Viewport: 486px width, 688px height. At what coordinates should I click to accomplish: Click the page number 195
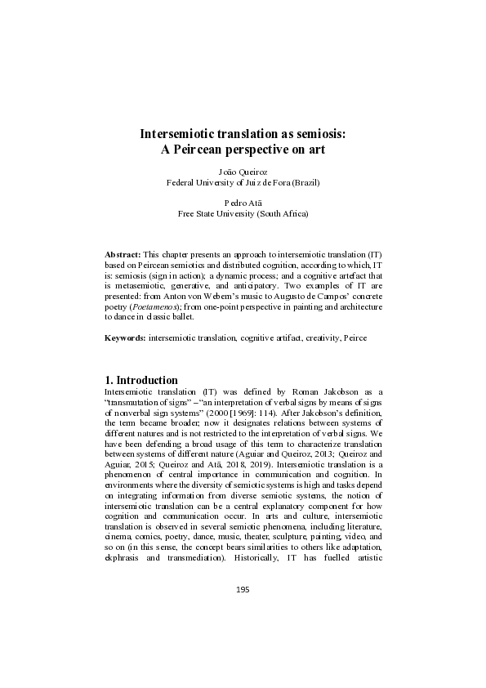(x=243, y=589)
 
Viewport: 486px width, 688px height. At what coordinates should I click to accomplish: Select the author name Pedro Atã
(x=243, y=203)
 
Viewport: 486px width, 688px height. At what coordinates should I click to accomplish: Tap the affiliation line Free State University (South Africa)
(x=243, y=213)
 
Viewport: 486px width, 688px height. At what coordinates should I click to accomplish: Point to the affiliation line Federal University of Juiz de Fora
(x=243, y=183)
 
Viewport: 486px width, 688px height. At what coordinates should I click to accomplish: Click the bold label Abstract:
(x=123, y=256)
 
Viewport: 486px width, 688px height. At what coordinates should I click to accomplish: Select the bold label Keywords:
(x=126, y=337)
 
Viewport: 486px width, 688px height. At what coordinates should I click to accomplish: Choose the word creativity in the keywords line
(x=299, y=337)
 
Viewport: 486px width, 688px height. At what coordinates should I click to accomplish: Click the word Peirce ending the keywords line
(x=333, y=337)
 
